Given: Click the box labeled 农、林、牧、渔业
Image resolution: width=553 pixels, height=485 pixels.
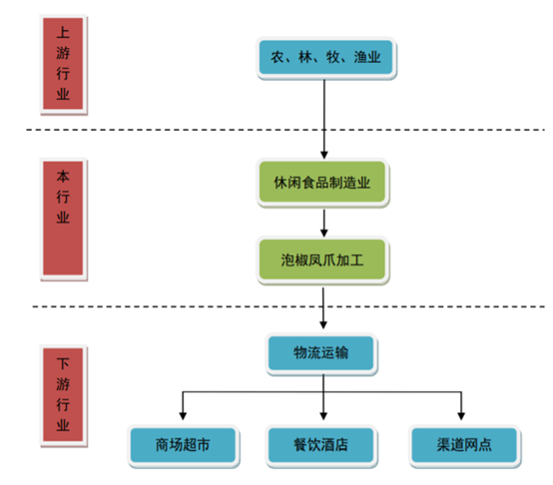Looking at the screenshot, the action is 325,58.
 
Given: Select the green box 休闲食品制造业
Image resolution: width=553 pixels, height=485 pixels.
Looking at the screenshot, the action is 322,183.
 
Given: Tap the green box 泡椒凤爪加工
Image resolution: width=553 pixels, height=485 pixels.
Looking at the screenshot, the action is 322,260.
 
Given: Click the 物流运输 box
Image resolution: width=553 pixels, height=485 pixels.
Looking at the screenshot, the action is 321,353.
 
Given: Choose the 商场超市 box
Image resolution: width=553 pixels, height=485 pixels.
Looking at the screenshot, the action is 183,445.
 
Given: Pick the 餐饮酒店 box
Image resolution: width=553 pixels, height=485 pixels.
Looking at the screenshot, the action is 321,445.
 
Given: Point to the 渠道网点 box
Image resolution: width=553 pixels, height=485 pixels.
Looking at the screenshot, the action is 464,445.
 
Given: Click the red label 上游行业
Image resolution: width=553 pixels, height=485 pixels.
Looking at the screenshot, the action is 63,64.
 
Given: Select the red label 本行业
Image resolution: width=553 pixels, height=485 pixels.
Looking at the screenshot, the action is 63,219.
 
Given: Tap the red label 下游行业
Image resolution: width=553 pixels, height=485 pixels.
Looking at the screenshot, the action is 63,395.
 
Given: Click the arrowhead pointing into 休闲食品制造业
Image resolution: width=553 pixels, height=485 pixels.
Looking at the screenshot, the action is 324,155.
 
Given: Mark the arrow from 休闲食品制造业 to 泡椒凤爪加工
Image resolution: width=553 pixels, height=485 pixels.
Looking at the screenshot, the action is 324,223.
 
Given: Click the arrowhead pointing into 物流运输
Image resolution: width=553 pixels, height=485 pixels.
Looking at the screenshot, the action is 323,324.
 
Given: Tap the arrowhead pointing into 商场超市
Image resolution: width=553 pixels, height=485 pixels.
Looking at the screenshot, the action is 183,416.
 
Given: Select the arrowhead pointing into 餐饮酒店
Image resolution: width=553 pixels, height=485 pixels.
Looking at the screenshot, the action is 323,416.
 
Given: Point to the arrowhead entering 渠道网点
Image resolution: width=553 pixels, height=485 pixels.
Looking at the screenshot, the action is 461,416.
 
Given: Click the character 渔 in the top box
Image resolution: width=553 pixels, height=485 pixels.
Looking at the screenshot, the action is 360,57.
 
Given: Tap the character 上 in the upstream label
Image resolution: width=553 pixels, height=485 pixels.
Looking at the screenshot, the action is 63,32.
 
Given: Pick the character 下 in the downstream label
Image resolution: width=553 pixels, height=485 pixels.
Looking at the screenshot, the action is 63,363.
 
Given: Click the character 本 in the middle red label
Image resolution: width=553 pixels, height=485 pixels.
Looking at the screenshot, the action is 63,177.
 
